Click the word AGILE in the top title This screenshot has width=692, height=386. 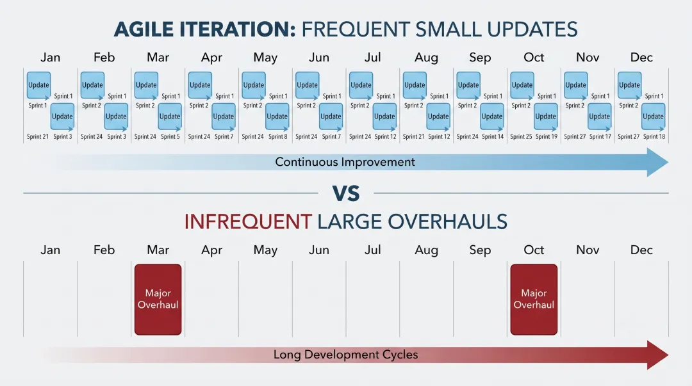click(144, 29)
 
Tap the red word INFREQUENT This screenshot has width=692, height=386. click(248, 221)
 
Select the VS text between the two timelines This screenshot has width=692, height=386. click(345, 193)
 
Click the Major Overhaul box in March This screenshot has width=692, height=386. click(158, 300)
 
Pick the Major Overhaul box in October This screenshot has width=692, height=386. click(534, 300)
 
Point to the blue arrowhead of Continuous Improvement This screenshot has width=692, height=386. click(657, 163)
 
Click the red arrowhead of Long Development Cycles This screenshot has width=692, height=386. click(657, 355)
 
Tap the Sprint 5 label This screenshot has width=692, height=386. click(170, 137)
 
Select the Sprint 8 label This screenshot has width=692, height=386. click(277, 137)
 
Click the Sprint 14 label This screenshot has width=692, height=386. click(493, 137)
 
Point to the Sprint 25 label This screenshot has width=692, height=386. click(521, 137)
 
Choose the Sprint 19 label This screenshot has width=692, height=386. click(547, 137)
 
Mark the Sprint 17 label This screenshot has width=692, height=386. click(600, 137)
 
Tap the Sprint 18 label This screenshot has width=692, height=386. click(654, 137)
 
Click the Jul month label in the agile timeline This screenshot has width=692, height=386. click(372, 58)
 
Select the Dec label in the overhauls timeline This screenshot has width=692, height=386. click(641, 250)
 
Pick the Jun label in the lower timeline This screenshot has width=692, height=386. click(318, 250)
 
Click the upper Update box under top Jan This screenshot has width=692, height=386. click(38, 85)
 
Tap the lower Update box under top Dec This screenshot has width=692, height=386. click(653, 117)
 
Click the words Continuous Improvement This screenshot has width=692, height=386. click(345, 163)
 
